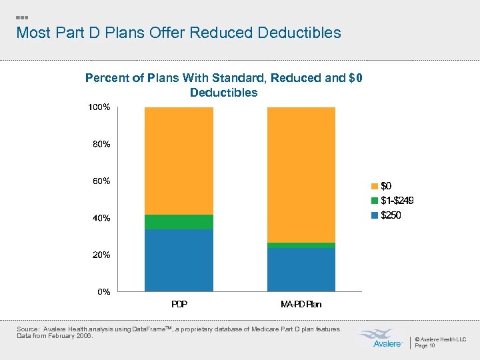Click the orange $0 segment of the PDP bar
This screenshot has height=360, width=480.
pyautogui.click(x=179, y=160)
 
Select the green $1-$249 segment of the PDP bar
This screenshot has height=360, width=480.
pyautogui.click(x=179, y=222)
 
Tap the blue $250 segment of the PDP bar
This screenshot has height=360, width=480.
pyautogui.click(x=179, y=260)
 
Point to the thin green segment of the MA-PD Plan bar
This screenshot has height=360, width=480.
pyautogui.click(x=301, y=245)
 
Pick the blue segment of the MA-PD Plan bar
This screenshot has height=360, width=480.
pyautogui.click(x=301, y=269)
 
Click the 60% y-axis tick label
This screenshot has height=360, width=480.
pyautogui.click(x=101, y=181)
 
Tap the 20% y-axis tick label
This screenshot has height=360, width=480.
pyautogui.click(x=101, y=255)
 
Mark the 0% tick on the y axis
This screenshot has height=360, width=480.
pyautogui.click(x=103, y=291)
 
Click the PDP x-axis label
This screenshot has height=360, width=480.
pyautogui.click(x=179, y=304)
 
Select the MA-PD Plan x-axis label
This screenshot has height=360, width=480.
pyautogui.click(x=301, y=304)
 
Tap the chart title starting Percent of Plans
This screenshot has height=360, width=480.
pyautogui.click(x=223, y=85)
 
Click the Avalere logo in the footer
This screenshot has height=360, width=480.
pyautogui.click(x=379, y=338)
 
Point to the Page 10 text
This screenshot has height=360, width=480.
pyautogui.click(x=425, y=345)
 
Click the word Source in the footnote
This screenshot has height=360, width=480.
pyautogui.click(x=27, y=329)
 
